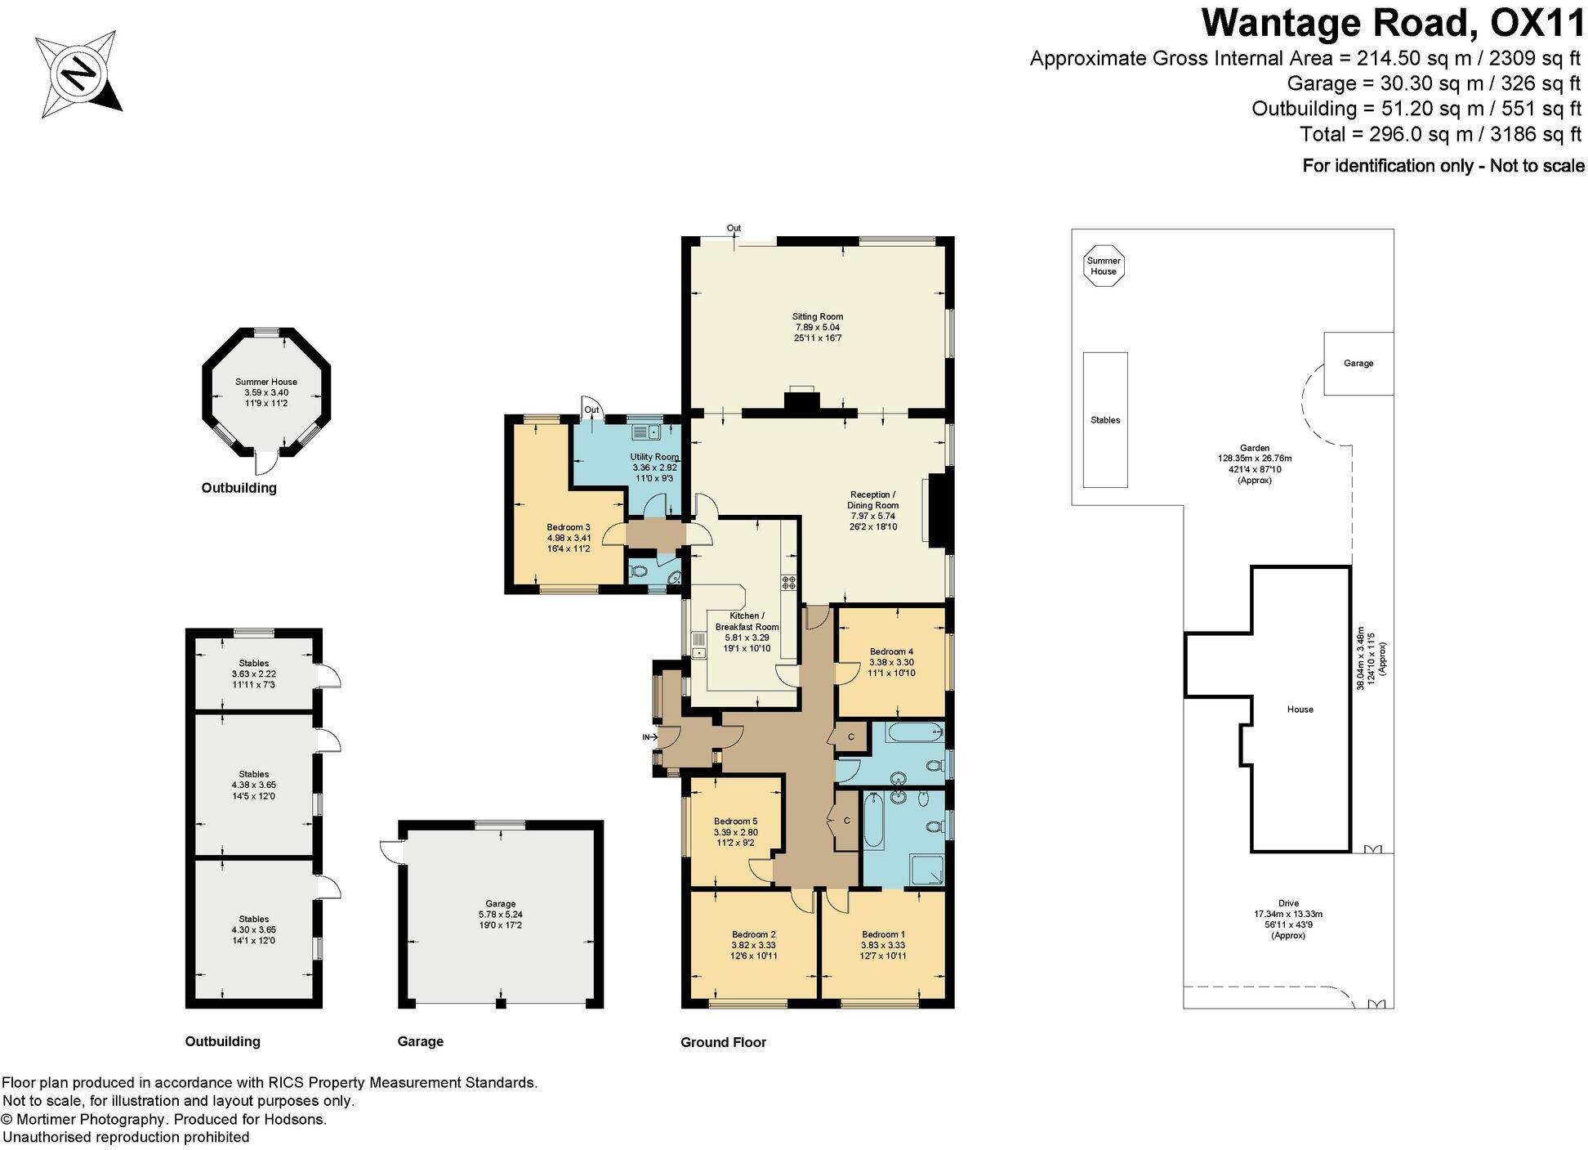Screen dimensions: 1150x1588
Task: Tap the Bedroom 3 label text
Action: tap(568, 527)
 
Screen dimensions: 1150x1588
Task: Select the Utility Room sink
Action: tap(649, 431)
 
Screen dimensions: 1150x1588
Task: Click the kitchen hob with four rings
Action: tap(789, 583)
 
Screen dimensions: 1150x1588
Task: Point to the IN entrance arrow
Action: tap(650, 737)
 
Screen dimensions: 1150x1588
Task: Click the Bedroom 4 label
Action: tap(891, 652)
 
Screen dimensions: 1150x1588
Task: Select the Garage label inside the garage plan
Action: tap(501, 904)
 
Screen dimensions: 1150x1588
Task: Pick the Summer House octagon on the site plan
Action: tap(1104, 266)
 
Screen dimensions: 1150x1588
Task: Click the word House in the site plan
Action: tap(1300, 709)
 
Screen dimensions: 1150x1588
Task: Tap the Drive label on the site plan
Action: tap(1288, 904)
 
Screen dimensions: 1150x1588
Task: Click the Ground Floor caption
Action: tap(723, 1042)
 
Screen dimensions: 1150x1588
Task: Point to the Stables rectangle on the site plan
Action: tap(1105, 419)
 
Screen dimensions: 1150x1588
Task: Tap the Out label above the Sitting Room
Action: tap(734, 228)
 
